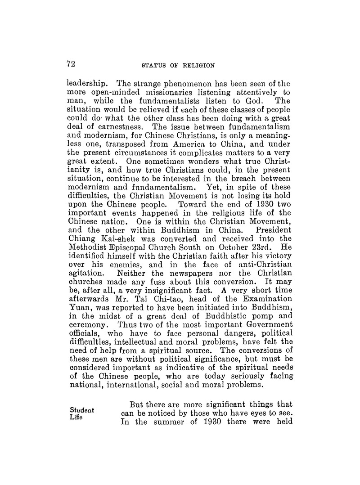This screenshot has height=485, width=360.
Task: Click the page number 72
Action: tap(70, 64)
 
